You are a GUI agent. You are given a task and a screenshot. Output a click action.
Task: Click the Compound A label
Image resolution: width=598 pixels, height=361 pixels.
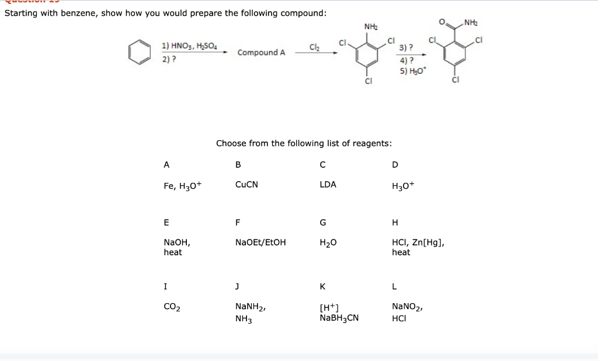pyautogui.click(x=261, y=53)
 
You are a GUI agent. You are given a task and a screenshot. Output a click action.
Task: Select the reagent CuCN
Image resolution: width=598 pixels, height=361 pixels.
pyautogui.click(x=246, y=185)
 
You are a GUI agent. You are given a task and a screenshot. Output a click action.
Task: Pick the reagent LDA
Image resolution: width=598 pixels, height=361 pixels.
pyautogui.click(x=328, y=185)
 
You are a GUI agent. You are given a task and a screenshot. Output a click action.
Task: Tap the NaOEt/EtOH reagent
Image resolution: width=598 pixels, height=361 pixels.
pyautogui.click(x=260, y=242)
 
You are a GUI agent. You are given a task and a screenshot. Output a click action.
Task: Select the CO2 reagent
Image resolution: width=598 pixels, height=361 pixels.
pyautogui.click(x=172, y=306)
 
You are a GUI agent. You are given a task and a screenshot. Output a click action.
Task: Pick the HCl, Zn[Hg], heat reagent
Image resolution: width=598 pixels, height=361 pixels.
pyautogui.click(x=413, y=247)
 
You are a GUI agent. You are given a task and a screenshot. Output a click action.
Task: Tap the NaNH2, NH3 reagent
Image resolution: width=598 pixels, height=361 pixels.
pyautogui.click(x=250, y=311)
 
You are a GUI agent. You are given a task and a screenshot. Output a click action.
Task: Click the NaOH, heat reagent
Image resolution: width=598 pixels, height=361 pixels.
pyautogui.click(x=177, y=247)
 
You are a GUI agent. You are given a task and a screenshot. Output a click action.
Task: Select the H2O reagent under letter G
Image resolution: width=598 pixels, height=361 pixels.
pyautogui.click(x=328, y=242)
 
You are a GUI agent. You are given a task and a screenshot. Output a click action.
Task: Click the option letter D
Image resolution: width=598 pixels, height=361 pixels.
pyautogui.click(x=395, y=165)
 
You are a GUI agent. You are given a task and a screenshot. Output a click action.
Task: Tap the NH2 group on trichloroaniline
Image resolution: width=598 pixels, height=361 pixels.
pyautogui.click(x=371, y=27)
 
